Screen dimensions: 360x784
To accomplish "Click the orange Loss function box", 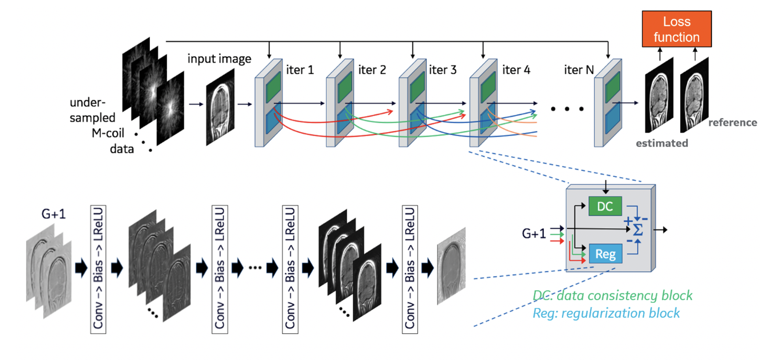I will point(676,29).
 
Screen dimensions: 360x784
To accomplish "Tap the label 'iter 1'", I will point(300,70).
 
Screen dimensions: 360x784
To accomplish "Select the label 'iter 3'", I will point(442,70).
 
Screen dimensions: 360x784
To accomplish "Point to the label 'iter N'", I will point(579,70).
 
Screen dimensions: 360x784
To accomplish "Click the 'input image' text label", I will point(219,59).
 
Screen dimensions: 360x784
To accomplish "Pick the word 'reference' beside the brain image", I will point(732,123).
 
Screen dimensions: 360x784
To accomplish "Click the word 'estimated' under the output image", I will point(661,143).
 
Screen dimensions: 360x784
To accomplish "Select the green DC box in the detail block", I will point(605,206).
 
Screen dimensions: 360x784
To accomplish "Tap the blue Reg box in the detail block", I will point(605,254).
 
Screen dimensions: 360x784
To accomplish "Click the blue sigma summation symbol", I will point(638,230).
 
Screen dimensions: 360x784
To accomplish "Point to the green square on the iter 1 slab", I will point(273,87).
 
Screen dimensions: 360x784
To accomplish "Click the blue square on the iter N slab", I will point(612,118).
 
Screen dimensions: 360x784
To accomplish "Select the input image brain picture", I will point(220,107).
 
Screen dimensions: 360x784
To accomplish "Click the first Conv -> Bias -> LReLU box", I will point(98,269).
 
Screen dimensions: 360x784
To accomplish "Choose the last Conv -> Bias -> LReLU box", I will point(410,269).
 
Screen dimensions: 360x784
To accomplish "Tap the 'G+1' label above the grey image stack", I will point(53,214).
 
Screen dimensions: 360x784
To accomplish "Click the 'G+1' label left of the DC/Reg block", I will point(534,233).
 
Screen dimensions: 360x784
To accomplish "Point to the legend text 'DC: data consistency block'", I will point(612,296).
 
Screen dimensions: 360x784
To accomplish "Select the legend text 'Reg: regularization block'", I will point(606,313).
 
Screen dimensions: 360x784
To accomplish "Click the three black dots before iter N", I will point(567,109).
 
